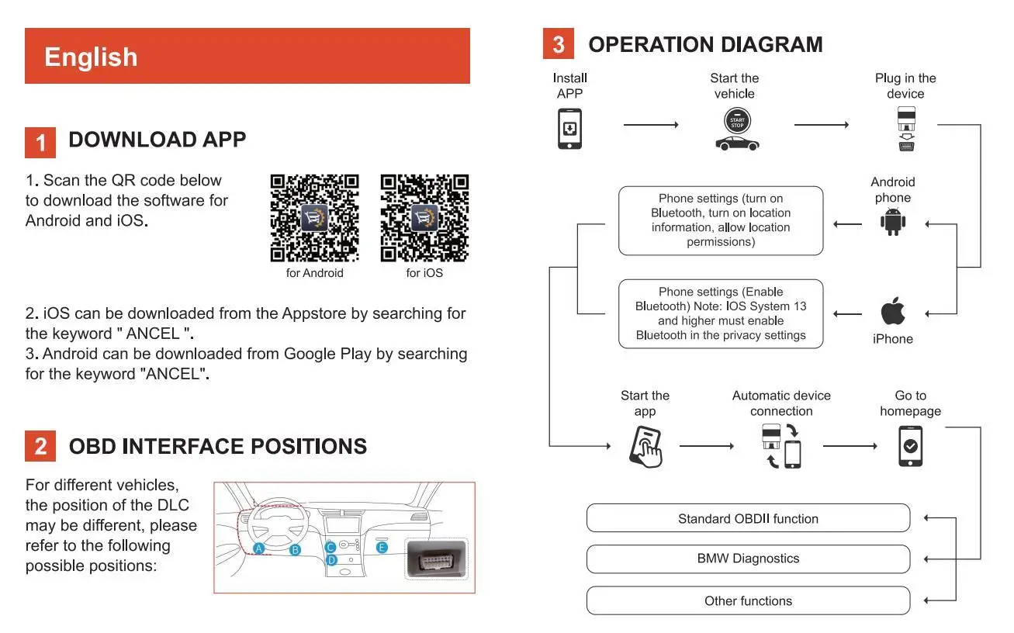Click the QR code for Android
314,218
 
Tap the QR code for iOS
424,218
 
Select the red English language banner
247,56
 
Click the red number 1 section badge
40,142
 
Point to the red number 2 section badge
40,447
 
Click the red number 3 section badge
558,44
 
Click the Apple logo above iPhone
893,312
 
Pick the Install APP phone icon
570,128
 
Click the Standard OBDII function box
748,518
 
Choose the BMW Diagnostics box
748,559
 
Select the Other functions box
748,600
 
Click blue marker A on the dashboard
259,548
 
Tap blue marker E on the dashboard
382,548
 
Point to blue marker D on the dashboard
331,559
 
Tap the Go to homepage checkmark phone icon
910,446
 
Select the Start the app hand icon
646,446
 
